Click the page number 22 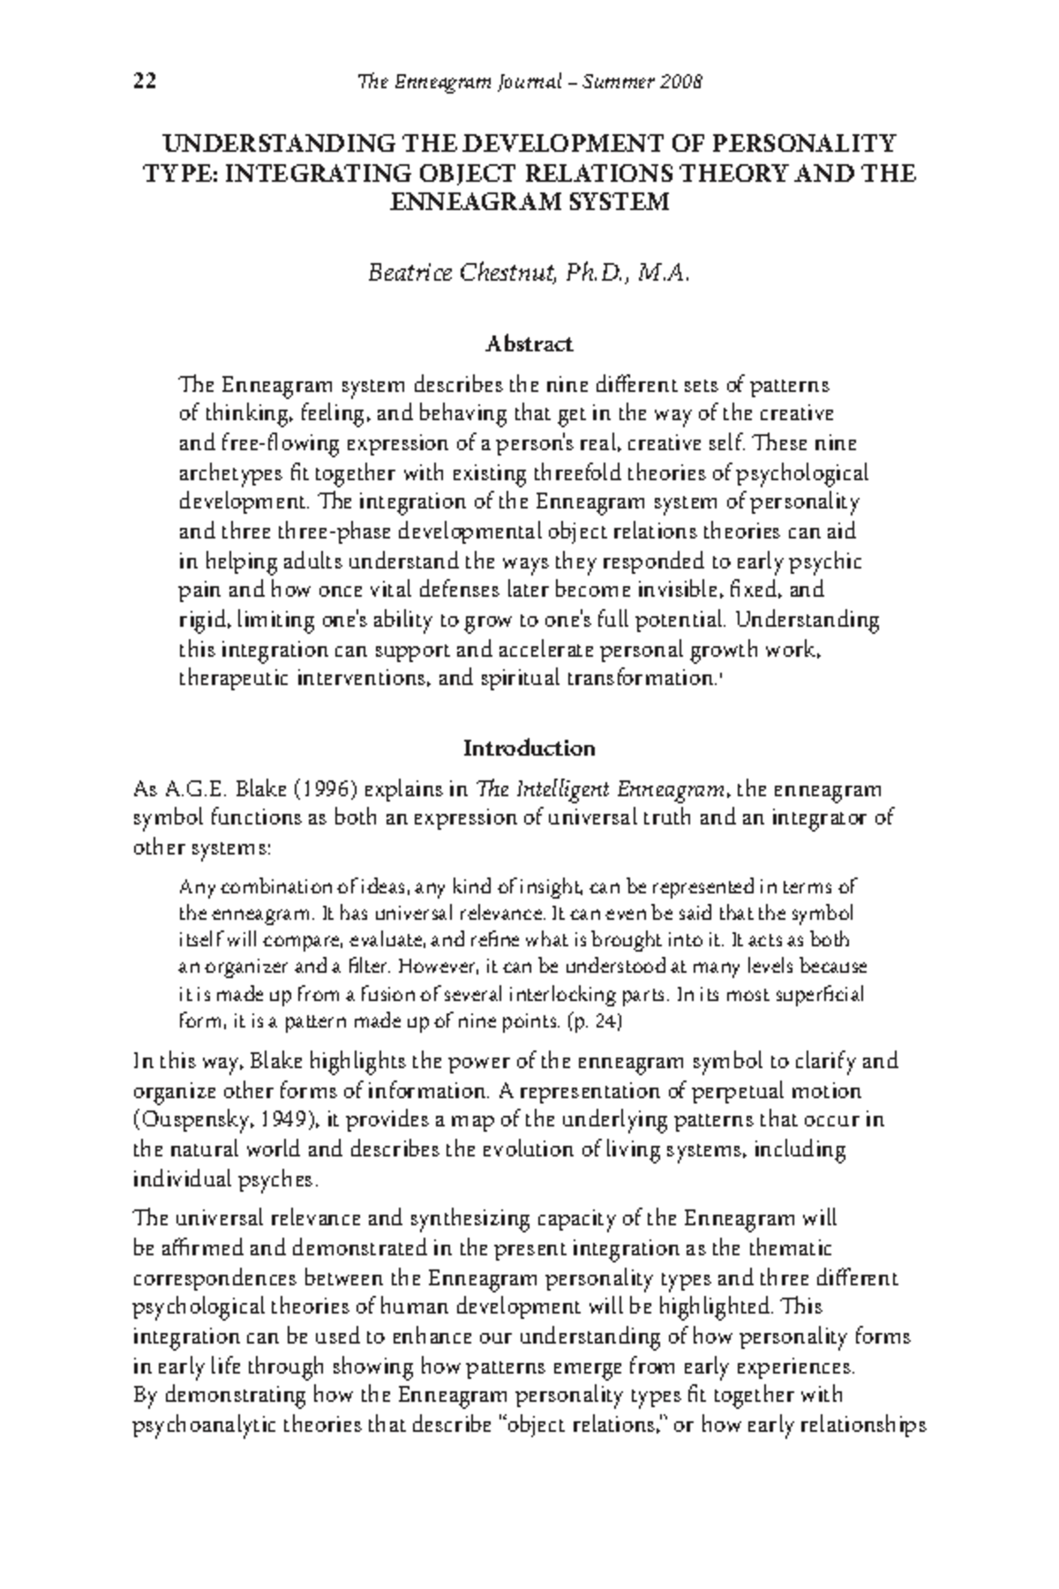(145, 82)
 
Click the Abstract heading (529, 343)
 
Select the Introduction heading (529, 749)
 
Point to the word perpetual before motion (739, 1091)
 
